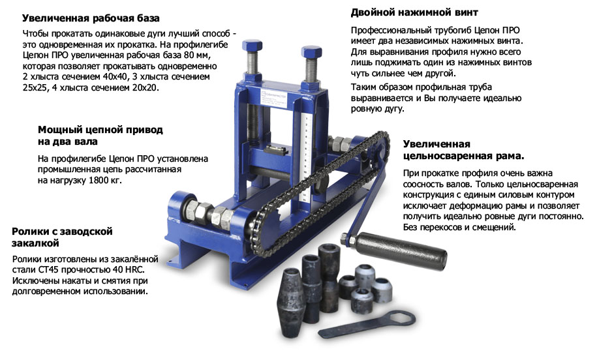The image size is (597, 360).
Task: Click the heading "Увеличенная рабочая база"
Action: point(91,18)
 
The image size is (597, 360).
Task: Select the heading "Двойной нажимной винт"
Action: point(414,12)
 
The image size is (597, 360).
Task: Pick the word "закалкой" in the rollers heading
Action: point(35,243)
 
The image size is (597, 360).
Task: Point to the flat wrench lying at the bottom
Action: point(367,324)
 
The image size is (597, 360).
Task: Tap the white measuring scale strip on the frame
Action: point(304,158)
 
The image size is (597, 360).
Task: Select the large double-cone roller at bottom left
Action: point(290,303)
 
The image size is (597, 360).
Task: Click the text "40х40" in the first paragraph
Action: point(115,76)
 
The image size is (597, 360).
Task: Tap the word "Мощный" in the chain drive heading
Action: point(57,130)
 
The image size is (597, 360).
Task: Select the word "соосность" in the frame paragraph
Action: point(422,184)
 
